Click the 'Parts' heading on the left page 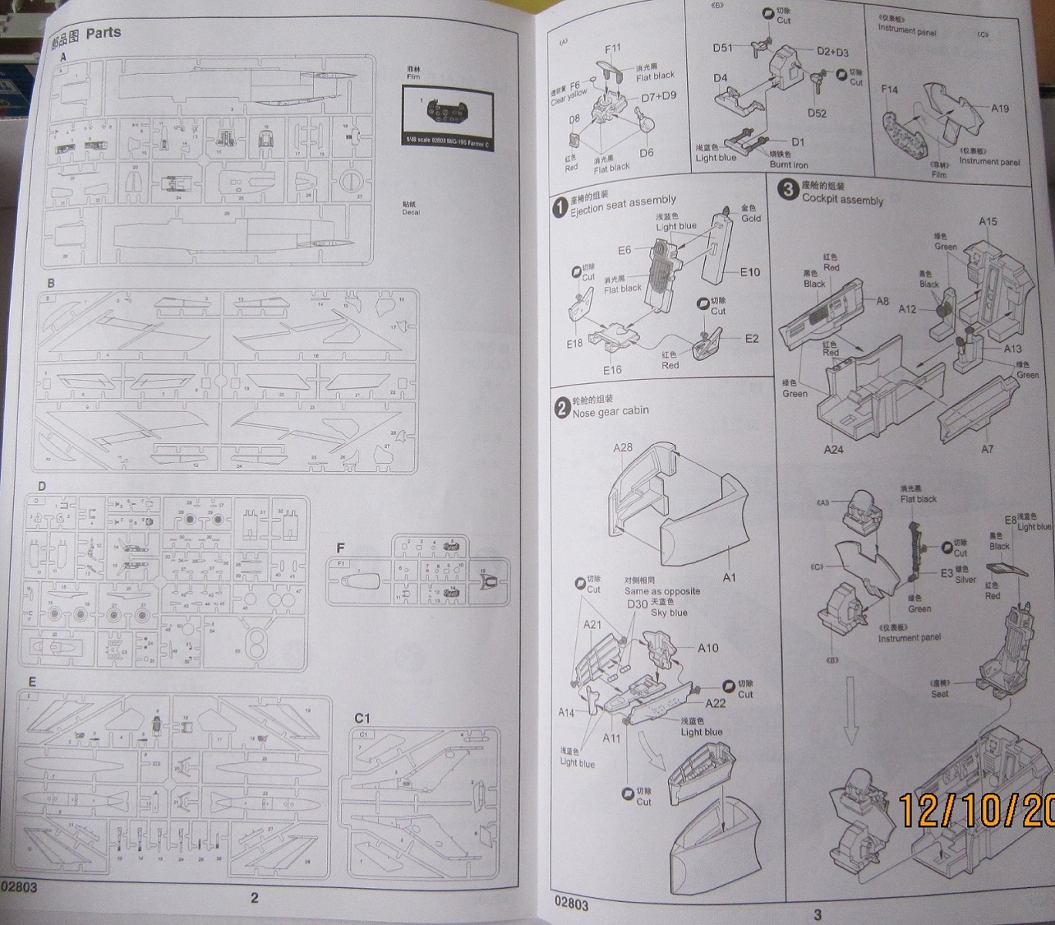[x=103, y=33]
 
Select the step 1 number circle [x=560, y=207]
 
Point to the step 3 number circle [x=787, y=189]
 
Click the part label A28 [x=622, y=447]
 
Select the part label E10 [x=750, y=272]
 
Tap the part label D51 [x=723, y=48]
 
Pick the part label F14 [x=889, y=89]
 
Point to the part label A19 [x=999, y=109]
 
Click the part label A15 [x=987, y=221]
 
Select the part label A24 [x=834, y=449]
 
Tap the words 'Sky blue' [x=669, y=613]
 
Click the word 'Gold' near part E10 [x=750, y=218]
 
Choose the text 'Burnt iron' [x=788, y=165]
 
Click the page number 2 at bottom [x=254, y=897]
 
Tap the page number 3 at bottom [x=817, y=915]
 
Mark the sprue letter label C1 [x=362, y=718]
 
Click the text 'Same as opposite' [x=662, y=591]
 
